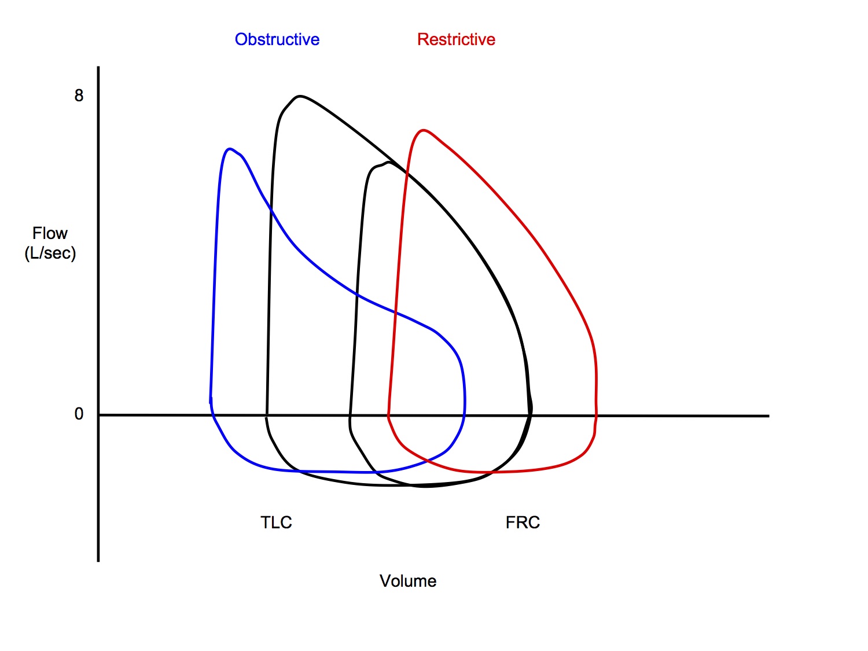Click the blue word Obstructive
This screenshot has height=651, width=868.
coord(277,39)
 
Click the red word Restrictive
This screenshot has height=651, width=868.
coord(456,39)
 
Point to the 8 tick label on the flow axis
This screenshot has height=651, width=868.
coord(79,95)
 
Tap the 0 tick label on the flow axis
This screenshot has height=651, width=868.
coord(79,414)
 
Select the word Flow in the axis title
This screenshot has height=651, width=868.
coord(50,233)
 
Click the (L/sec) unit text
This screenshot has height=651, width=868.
coord(50,253)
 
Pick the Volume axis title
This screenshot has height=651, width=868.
coord(408,581)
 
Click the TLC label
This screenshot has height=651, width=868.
coord(276,523)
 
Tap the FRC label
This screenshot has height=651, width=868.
coord(523,523)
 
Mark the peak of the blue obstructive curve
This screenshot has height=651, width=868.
coord(230,149)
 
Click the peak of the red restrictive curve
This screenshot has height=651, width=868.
coord(424,130)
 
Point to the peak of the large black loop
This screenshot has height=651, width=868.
coord(299,95)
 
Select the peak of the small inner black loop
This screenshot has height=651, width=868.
coord(388,162)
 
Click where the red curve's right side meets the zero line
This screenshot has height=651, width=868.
coord(596,415)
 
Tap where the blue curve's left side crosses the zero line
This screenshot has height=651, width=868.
coord(212,414)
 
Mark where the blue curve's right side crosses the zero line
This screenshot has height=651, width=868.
coord(464,415)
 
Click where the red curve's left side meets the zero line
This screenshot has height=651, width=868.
coord(388,415)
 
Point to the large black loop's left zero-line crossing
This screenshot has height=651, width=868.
coord(266,415)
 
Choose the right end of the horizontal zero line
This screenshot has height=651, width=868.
coord(768,415)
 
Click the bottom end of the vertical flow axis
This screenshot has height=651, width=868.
coord(98,560)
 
